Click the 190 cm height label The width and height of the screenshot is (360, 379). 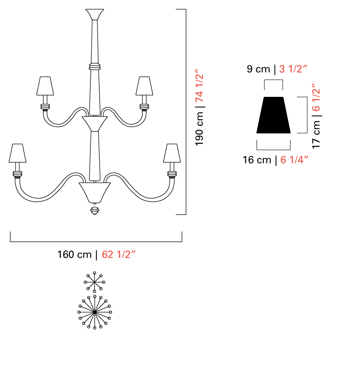199,129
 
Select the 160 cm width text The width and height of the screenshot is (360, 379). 74,254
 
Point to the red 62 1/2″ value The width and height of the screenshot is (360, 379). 119,254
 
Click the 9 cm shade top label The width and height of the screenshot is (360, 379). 258,69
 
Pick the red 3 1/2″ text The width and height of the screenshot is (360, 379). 293,69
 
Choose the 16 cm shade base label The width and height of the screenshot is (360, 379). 257,160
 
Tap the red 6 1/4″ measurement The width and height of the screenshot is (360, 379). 294,160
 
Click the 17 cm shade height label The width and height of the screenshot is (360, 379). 316,135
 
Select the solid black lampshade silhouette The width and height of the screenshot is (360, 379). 273,115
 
